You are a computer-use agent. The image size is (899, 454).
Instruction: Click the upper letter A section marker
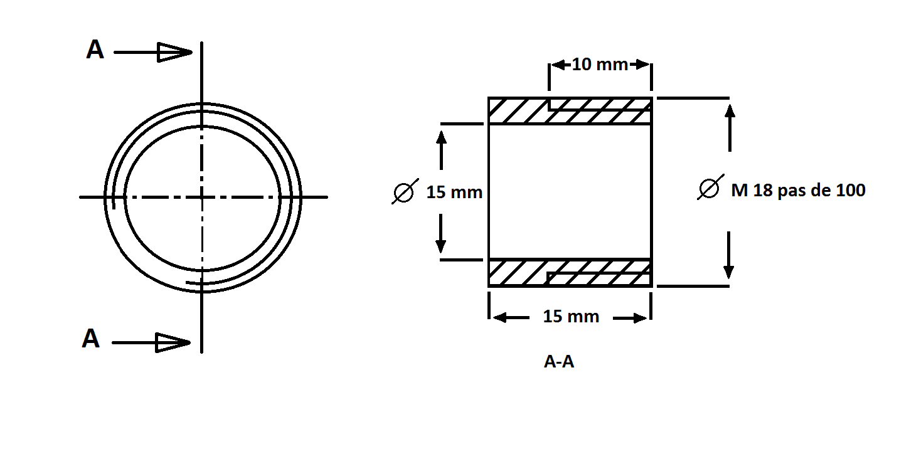click(x=95, y=50)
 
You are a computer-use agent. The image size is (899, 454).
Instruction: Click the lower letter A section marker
click(x=91, y=339)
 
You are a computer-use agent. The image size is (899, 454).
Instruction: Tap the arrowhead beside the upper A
click(x=174, y=52)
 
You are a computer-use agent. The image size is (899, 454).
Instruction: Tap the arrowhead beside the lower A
click(x=173, y=343)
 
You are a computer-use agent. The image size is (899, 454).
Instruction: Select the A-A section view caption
click(x=559, y=362)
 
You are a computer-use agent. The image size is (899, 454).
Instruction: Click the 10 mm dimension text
click(x=600, y=65)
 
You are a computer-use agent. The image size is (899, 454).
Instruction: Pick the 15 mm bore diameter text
click(x=454, y=192)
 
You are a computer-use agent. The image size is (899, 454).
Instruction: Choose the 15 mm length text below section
click(x=571, y=317)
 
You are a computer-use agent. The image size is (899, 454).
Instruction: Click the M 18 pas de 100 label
click(x=798, y=191)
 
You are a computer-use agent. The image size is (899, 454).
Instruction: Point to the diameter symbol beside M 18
click(x=710, y=187)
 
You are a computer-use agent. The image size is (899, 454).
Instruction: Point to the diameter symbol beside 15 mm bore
click(x=405, y=192)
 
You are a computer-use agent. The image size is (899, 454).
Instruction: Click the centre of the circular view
click(x=201, y=197)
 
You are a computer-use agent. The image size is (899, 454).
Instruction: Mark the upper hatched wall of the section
click(x=570, y=111)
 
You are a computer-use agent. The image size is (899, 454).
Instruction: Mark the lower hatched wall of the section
click(x=570, y=273)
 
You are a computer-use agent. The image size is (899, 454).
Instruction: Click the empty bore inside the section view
click(x=570, y=192)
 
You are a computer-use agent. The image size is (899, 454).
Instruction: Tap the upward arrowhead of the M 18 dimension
click(x=730, y=111)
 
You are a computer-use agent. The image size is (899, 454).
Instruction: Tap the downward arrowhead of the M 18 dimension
click(x=728, y=272)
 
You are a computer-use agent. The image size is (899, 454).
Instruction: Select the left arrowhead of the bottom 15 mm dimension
click(x=500, y=318)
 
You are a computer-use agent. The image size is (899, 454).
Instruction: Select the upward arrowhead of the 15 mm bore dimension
click(x=442, y=137)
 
